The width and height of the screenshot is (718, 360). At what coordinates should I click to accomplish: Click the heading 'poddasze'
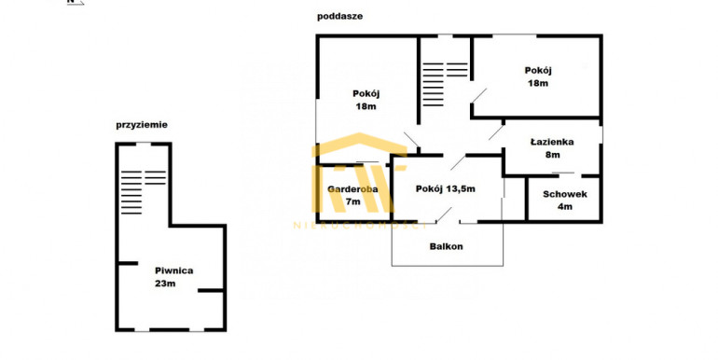[x=339, y=17]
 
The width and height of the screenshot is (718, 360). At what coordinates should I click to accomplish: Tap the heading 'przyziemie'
[x=142, y=125]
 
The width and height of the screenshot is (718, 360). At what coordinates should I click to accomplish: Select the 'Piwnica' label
[x=174, y=270]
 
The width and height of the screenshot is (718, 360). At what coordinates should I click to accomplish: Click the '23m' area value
[x=165, y=284]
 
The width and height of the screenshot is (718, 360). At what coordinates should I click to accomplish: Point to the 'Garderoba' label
[x=352, y=188]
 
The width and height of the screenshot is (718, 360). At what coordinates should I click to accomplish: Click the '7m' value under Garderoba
[x=353, y=201]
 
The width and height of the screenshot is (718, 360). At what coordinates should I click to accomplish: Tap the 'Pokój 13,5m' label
[x=445, y=188]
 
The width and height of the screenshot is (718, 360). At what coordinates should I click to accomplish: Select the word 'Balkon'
[x=446, y=246]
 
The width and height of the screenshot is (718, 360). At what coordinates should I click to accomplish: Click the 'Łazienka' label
[x=552, y=142]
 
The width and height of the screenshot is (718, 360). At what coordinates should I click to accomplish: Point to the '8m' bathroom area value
[x=553, y=155]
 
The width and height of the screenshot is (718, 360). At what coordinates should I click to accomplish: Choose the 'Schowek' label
[x=565, y=194]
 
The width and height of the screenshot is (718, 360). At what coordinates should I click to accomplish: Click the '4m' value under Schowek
[x=565, y=206]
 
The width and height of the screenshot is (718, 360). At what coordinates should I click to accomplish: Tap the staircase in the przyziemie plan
[x=144, y=192]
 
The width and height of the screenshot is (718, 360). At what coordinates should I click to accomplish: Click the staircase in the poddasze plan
[x=445, y=84]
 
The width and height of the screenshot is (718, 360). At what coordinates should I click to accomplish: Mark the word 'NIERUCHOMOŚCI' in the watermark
[x=360, y=226]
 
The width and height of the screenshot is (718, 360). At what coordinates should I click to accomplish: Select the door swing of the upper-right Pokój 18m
[x=478, y=96]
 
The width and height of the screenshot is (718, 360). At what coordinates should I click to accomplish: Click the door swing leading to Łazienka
[x=496, y=132]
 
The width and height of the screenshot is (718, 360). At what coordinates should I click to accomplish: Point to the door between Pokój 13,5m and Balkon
[x=443, y=215]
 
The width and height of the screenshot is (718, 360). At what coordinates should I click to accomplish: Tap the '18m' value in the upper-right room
[x=538, y=83]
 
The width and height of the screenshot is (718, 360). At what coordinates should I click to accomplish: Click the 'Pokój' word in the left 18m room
[x=366, y=94]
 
